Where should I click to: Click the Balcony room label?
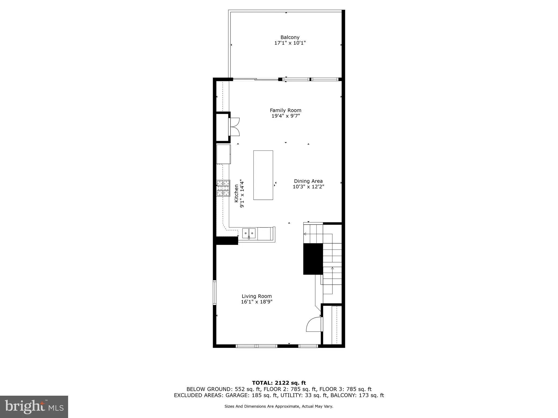point(290,37)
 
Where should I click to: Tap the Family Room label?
point(286,110)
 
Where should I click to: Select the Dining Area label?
point(308,181)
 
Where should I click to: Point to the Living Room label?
point(257,296)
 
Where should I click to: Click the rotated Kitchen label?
point(236,193)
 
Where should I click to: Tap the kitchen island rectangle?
point(263,175)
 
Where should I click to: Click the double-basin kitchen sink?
point(249,233)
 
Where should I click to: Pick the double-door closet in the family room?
point(234,127)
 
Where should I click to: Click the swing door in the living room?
point(314,324)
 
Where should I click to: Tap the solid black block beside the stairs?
point(313,259)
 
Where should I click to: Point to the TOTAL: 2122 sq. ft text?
point(279,383)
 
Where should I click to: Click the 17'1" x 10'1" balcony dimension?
point(290,43)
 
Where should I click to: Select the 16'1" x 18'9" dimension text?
point(257,302)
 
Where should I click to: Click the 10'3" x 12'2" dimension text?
point(308,187)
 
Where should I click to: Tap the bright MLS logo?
point(34,407)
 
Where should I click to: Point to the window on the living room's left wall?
point(214,292)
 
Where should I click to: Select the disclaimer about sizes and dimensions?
point(279,407)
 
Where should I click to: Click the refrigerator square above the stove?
point(223,154)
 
